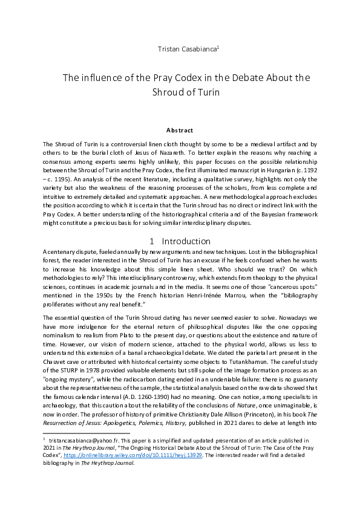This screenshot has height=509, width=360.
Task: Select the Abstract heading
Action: [180, 130]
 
